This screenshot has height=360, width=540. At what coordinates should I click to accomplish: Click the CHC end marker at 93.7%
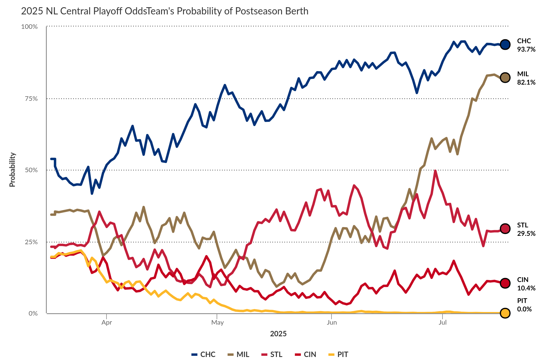click(505, 44)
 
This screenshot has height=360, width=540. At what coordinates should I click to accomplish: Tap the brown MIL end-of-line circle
click(505, 78)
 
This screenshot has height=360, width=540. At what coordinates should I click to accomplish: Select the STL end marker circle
click(505, 229)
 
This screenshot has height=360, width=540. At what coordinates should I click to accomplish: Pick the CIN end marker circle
click(505, 283)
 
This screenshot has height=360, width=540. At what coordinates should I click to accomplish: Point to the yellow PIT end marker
click(505, 313)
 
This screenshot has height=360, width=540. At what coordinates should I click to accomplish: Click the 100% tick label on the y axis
click(29, 27)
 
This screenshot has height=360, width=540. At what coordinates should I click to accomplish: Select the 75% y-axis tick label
click(31, 99)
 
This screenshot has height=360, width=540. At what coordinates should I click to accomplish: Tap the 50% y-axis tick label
click(31, 170)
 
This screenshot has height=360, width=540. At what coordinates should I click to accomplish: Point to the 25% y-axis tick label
click(31, 242)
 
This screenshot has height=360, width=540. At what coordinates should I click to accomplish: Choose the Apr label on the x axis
click(106, 322)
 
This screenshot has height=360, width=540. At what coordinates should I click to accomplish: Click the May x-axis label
click(217, 322)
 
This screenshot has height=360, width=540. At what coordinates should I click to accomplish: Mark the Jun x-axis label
click(332, 322)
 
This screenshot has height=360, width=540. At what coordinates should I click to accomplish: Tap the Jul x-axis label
click(442, 322)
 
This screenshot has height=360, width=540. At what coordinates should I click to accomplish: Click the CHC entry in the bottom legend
click(204, 354)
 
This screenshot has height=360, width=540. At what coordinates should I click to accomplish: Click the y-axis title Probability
click(12, 170)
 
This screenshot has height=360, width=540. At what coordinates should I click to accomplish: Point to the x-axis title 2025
click(278, 334)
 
